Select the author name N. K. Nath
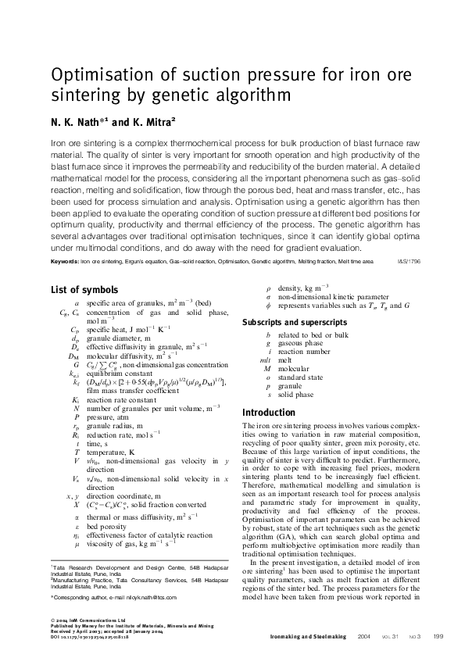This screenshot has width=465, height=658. point(78,122)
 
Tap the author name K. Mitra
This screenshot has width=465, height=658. point(147,122)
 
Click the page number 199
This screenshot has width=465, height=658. point(438,637)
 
